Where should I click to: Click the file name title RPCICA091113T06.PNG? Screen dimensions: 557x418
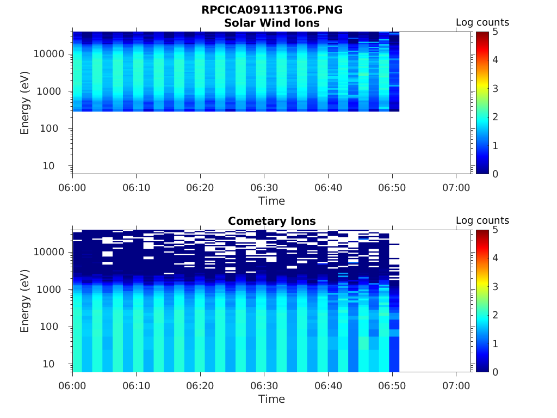tap(272, 10)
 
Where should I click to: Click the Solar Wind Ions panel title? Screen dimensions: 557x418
tap(272, 23)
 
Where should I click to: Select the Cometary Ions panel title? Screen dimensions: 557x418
tap(272, 221)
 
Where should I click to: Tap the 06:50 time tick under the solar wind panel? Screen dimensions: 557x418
tap(392, 188)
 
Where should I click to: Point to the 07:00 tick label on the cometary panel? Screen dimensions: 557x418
tap(456, 386)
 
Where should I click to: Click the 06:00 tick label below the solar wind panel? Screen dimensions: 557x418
tap(72, 188)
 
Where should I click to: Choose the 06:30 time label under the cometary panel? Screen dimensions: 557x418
tap(264, 386)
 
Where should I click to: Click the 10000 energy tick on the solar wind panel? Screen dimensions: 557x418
tap(49, 54)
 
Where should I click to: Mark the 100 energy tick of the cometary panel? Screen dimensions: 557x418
tap(49, 327)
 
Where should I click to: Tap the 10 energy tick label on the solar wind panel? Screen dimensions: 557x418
tap(48, 166)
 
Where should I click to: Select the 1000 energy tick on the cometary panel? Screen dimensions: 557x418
tap(49, 290)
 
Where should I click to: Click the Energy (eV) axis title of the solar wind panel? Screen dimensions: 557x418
tap(24, 103)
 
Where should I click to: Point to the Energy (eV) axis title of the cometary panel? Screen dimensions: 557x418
tap(24, 301)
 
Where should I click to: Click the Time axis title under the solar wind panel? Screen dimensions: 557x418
tap(272, 201)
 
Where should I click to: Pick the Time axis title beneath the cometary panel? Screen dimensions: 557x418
tap(272, 399)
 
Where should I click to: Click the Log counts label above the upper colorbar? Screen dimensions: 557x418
tap(482, 22)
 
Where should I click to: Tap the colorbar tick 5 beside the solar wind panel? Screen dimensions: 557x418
tap(495, 32)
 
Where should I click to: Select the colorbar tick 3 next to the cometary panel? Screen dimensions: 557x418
tap(495, 287)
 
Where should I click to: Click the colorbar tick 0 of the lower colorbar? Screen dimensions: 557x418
tap(495, 372)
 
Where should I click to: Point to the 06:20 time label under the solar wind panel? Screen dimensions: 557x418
tap(200, 188)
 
